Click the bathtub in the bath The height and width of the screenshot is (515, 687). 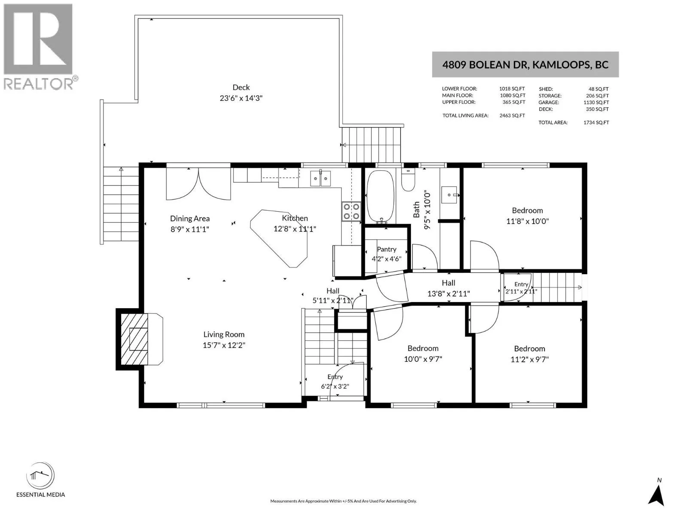point(380,196)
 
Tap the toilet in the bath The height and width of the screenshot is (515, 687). point(408,179)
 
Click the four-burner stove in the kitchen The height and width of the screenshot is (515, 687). point(351,212)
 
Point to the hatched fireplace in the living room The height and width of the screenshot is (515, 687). point(134,339)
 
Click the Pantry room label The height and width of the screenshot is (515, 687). point(386,249)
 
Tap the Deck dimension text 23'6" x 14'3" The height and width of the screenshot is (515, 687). point(241,98)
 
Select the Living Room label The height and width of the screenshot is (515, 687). point(224,334)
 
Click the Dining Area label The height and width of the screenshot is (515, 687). point(190,218)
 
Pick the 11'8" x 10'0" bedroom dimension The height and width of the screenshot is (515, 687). point(527,221)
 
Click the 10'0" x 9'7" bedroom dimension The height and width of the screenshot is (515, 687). point(423,359)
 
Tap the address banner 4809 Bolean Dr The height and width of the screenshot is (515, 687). point(525,64)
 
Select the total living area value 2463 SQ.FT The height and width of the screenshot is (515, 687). point(512,115)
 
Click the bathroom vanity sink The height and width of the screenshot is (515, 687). point(449,195)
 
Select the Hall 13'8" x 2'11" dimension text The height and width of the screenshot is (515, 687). point(449,294)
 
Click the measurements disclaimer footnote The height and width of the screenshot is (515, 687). point(343,501)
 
